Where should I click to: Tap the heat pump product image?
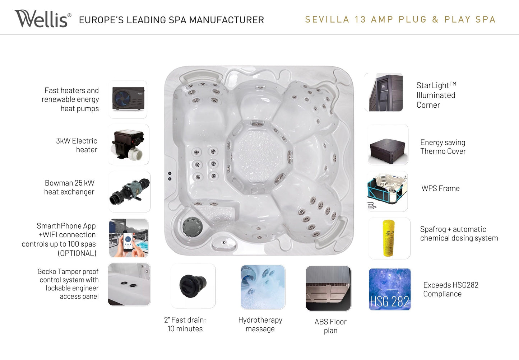(128, 99)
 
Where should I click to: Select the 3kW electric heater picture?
(128, 144)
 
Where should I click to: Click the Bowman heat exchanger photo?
(130, 192)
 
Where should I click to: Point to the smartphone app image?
(129, 238)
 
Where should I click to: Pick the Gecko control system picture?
(129, 284)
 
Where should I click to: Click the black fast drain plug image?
(193, 286)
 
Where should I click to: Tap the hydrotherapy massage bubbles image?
(263, 287)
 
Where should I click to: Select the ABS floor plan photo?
(328, 288)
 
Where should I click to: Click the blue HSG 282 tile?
(390, 289)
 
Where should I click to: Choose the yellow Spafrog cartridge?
(389, 238)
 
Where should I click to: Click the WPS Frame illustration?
(388, 191)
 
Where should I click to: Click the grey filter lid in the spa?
(192, 226)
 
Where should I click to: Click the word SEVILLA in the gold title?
(327, 19)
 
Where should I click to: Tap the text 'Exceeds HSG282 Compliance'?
(451, 289)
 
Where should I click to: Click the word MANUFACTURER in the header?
(227, 20)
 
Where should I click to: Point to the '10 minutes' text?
(185, 329)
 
